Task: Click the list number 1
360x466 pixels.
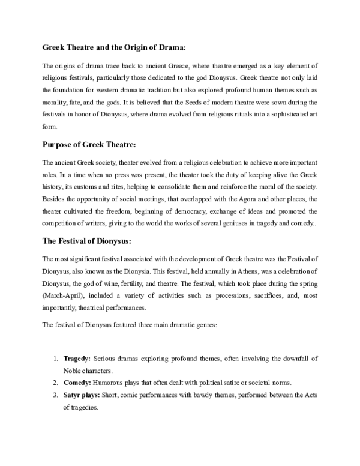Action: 55,359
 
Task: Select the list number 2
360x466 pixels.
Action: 55,382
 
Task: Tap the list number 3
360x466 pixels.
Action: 55,394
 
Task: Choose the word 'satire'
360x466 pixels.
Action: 225,382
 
